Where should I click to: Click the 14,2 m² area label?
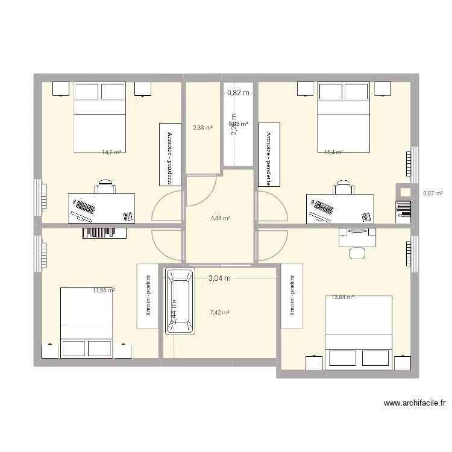111,153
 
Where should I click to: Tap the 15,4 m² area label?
333,153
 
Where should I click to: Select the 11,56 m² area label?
104,290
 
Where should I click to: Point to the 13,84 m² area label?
342,297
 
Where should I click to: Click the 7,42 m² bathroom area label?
219,313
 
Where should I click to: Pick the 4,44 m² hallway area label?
219,218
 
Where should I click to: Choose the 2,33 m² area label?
202,128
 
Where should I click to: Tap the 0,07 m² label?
433,193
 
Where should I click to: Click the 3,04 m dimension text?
220,278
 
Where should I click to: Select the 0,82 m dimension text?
237,93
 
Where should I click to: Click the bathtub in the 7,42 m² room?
180,301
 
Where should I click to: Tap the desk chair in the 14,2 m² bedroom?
105,186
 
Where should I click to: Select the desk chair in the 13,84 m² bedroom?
357,251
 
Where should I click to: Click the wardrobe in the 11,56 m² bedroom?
148,296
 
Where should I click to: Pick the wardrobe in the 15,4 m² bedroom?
266,154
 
